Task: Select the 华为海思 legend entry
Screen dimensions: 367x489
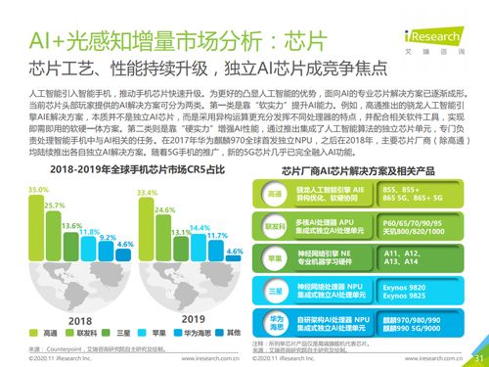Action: (x=171, y=334)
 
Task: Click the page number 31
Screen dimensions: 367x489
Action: (x=477, y=358)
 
